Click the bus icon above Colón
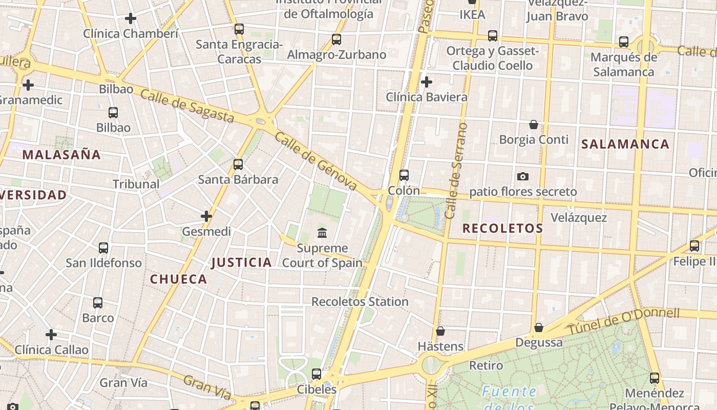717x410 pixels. pyautogui.click(x=404, y=175)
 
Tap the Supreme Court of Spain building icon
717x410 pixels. pyautogui.click(x=322, y=233)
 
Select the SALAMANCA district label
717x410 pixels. pyautogui.click(x=625, y=144)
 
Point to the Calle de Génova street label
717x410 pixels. pyautogui.click(x=315, y=161)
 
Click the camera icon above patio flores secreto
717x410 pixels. pyautogui.click(x=523, y=176)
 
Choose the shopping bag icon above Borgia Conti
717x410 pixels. pyautogui.click(x=534, y=125)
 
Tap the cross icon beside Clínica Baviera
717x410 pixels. pyautogui.click(x=426, y=82)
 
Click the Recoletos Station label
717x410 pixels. pyautogui.click(x=360, y=302)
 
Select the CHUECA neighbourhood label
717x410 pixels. pyautogui.click(x=178, y=279)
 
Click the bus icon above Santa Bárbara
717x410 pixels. pyautogui.click(x=238, y=165)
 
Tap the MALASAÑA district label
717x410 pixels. pyautogui.click(x=61, y=155)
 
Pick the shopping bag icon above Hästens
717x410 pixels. pyautogui.click(x=440, y=331)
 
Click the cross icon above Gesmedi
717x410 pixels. pyautogui.click(x=206, y=216)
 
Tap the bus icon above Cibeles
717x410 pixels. pyautogui.click(x=317, y=374)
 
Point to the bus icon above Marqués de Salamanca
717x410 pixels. pyautogui.click(x=624, y=42)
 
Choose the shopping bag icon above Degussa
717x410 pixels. pyautogui.click(x=539, y=327)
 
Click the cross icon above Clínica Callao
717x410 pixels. pyautogui.click(x=51, y=335)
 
